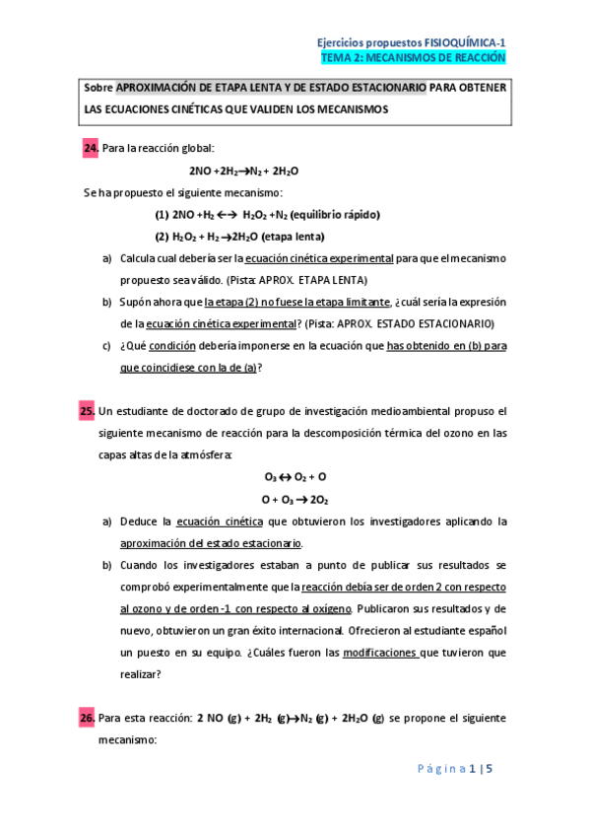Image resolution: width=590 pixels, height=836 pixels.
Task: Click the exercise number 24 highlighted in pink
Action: (91, 148)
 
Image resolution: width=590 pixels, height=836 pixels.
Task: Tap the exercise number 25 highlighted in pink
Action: (88, 410)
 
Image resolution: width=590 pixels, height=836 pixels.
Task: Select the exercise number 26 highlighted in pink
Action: (88, 718)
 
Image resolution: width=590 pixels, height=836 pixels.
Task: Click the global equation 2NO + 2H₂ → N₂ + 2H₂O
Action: (243, 171)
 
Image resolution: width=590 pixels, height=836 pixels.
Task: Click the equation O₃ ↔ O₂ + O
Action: (295, 475)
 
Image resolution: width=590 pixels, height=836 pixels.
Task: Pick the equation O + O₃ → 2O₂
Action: (295, 498)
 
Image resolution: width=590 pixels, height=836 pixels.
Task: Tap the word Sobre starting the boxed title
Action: (99, 89)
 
